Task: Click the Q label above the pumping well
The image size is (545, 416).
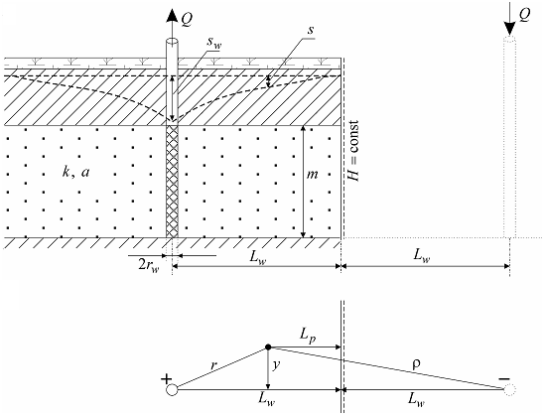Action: [x=187, y=20]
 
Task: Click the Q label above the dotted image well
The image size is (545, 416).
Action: [x=524, y=16]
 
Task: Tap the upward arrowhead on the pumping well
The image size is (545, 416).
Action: [x=172, y=16]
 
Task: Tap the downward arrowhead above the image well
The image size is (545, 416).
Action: [x=509, y=28]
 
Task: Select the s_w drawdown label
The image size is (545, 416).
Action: [x=214, y=43]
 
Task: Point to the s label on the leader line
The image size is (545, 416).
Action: [x=311, y=31]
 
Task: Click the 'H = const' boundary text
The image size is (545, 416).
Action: [x=353, y=151]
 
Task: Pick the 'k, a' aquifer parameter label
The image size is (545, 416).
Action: [x=75, y=172]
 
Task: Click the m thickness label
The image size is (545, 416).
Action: [x=312, y=175]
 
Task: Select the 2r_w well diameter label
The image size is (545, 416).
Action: [x=149, y=266]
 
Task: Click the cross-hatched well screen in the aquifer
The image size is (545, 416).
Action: [x=172, y=182]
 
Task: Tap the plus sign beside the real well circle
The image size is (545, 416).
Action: [x=167, y=378]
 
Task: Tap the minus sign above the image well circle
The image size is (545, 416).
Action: [x=504, y=378]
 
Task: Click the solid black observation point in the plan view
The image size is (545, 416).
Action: [x=268, y=347]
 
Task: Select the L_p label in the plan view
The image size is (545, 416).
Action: [x=308, y=336]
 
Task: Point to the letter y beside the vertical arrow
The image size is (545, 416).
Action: [x=276, y=366]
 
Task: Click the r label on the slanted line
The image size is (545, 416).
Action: [x=213, y=365]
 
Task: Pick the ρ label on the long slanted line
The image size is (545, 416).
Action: [x=416, y=363]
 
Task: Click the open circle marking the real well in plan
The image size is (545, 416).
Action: [x=172, y=390]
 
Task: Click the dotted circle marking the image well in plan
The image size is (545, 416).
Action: [x=509, y=390]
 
